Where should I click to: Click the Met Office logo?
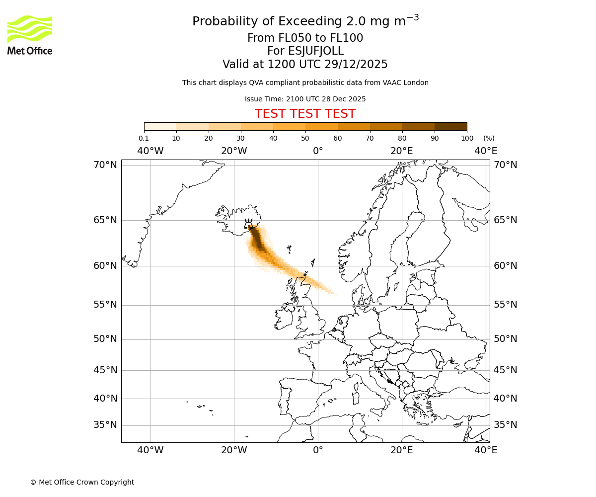(30, 35)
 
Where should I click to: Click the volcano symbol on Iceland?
(248, 224)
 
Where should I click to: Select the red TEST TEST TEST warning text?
(305, 114)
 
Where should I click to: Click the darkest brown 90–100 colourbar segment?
(450, 126)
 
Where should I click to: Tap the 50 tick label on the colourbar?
(305, 138)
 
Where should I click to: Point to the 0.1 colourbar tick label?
(144, 138)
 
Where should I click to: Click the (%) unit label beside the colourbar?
(489, 138)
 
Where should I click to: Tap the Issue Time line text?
(305, 99)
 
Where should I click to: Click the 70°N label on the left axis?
(105, 165)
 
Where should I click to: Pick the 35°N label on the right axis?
(505, 425)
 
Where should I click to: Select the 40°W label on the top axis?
(150, 151)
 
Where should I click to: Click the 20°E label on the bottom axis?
(401, 450)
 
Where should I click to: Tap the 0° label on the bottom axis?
(318, 450)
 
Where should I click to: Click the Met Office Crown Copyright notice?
(82, 482)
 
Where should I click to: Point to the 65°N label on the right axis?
(505, 220)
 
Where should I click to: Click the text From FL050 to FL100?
(305, 38)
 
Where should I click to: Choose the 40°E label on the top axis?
(485, 151)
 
